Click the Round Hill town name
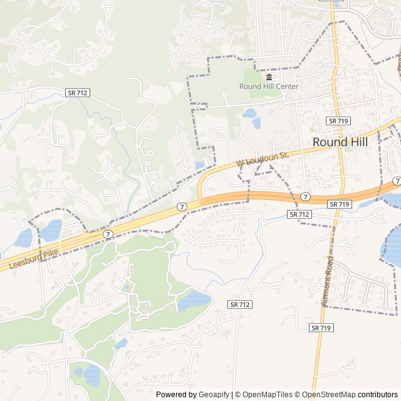coord(340,142)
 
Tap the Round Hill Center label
coord(269,86)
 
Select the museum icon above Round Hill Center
coord(269,77)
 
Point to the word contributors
coord(378,395)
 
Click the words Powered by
coord(175,395)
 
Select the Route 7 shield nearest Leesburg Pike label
coord(108,234)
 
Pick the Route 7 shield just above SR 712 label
coord(305,197)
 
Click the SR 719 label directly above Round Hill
coord(338,120)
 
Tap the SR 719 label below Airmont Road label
coord(321,328)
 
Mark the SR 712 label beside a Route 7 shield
coord(299,214)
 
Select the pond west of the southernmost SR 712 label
coord(194,300)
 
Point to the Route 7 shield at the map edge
coord(397,181)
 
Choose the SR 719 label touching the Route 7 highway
coord(339,204)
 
